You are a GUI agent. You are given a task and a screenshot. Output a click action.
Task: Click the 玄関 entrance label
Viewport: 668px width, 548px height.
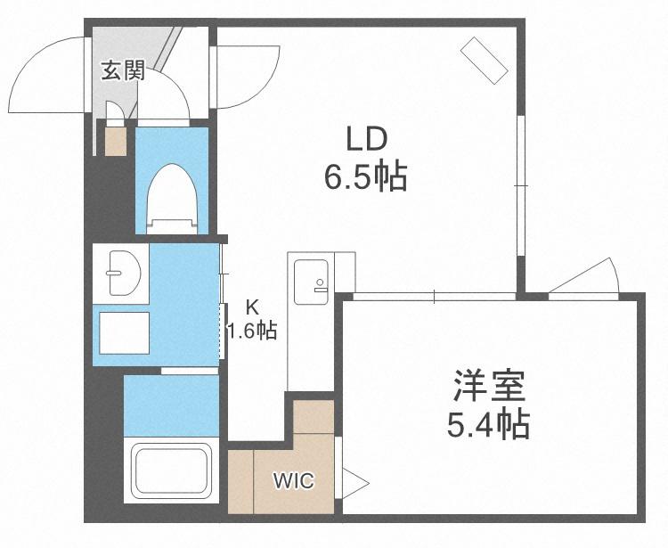pos(124,70)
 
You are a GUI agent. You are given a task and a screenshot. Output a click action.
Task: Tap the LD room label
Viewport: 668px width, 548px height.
pos(366,139)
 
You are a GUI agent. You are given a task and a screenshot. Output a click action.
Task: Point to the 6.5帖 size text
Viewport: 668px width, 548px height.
pos(366,176)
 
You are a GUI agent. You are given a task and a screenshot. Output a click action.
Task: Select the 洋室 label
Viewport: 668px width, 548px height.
pos(489,387)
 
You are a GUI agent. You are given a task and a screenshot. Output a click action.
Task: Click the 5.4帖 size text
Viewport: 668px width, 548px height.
pos(488,424)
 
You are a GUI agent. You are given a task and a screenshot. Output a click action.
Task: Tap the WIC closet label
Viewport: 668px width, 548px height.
pos(294,481)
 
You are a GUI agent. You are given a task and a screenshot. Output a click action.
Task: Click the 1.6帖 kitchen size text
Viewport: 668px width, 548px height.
pos(252,331)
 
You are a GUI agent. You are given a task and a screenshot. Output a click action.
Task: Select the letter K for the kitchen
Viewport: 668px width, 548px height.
pos(253,307)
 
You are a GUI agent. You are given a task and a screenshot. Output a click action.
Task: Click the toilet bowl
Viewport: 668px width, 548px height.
pos(172,199)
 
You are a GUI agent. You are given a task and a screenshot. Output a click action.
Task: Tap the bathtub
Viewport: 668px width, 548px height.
pos(171,470)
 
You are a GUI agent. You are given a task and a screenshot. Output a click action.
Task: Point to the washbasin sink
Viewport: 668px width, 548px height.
pos(125,274)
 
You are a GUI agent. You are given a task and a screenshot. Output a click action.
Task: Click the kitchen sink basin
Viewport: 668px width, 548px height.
pos(311,282)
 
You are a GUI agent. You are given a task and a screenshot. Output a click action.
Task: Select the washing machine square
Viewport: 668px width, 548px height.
pos(125,332)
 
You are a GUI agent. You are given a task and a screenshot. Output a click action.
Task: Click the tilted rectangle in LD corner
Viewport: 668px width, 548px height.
pos(485,60)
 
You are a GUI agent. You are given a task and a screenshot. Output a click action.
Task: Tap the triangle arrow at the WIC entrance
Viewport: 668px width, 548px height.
pos(355,483)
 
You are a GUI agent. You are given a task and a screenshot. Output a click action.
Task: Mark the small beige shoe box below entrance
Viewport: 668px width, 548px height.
pos(116,141)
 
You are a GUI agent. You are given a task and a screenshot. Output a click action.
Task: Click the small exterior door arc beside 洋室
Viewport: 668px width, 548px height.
pos(592,274)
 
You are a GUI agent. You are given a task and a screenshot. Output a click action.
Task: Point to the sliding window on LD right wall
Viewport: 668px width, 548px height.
pos(521,186)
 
